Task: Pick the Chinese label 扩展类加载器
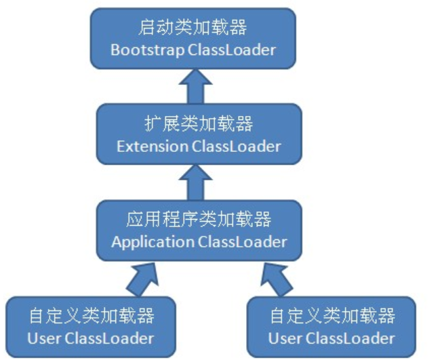click(x=199, y=124)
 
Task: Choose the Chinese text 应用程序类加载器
click(x=199, y=220)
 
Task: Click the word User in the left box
click(x=42, y=338)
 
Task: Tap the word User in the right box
click(x=283, y=338)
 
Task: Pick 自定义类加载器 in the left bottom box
click(x=91, y=316)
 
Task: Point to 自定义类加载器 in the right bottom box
click(x=332, y=316)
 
